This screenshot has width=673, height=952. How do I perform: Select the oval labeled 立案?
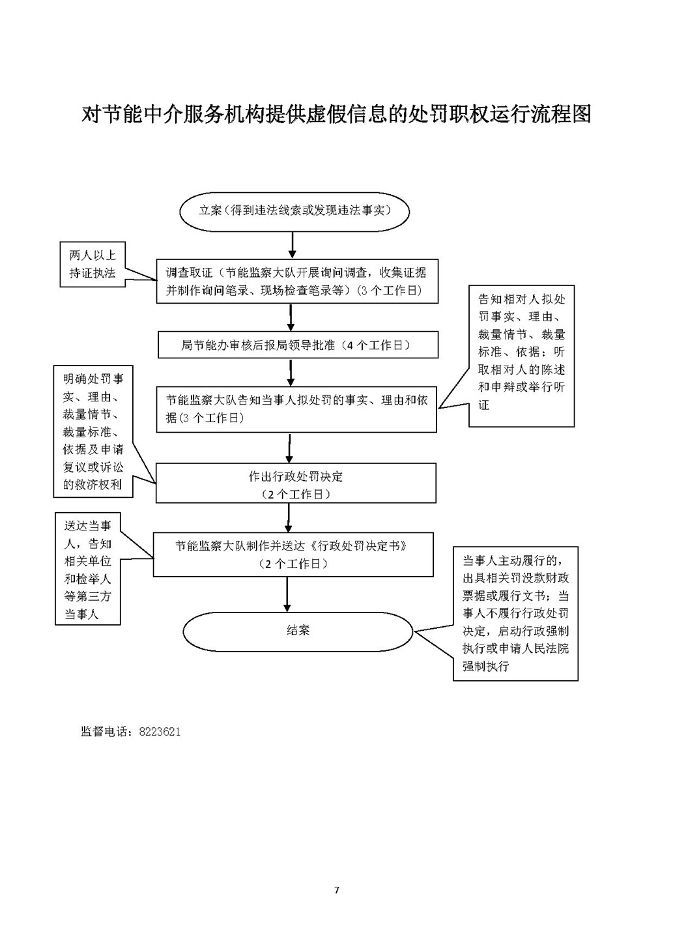point(294,211)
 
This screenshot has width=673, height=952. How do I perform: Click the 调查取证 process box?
point(296,281)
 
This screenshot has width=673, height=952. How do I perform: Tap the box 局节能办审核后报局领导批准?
point(298,345)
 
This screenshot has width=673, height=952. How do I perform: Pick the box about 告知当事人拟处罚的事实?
point(296,409)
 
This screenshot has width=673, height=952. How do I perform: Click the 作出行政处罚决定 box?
point(296,483)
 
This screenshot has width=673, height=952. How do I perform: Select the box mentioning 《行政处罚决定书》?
point(293,555)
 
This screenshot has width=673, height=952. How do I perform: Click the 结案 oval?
point(298,631)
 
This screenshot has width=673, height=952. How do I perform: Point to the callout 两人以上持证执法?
point(93,265)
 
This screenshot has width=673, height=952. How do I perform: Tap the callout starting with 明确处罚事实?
point(93,431)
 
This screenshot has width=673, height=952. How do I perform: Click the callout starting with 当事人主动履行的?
point(515,614)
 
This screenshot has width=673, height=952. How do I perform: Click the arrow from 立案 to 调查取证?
point(293,245)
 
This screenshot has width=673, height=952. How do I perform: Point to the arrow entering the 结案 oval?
point(287,594)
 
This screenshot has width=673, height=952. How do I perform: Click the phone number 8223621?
point(160,732)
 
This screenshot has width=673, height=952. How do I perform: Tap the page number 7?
point(336,890)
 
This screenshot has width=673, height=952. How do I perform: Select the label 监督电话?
point(106,732)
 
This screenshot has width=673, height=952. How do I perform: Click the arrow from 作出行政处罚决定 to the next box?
point(288,517)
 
